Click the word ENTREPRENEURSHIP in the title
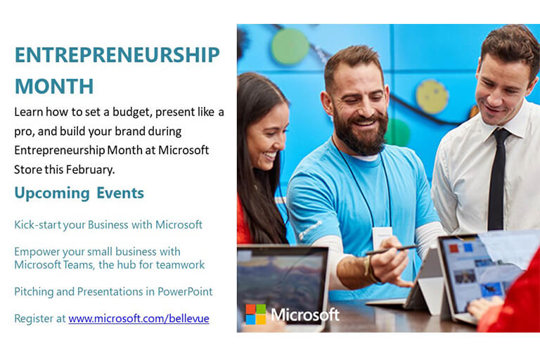(x=117, y=55)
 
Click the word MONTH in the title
(x=54, y=86)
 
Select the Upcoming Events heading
(x=79, y=193)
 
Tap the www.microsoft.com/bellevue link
(x=139, y=319)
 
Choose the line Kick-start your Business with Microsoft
(x=108, y=224)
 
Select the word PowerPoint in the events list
(x=185, y=291)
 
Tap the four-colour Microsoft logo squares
(x=255, y=314)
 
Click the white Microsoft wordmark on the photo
(x=305, y=314)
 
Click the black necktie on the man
(x=497, y=179)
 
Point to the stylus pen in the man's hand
(x=392, y=250)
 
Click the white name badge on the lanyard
(x=382, y=238)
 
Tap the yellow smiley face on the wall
(x=432, y=97)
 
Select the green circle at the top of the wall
(x=290, y=46)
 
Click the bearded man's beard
(x=360, y=134)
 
